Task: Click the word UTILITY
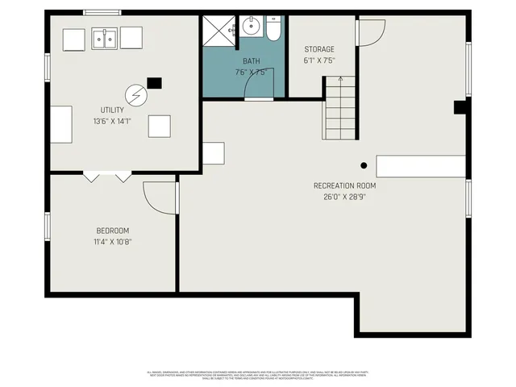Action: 112,109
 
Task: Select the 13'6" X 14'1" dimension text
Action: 112,122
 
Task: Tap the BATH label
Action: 251,61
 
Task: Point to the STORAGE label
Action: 319,48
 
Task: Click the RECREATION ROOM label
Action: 344,185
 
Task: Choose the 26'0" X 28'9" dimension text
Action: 344,198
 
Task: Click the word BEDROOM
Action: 112,231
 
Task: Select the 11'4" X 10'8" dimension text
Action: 112,242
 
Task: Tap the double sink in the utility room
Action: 106,38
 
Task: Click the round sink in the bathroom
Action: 250,26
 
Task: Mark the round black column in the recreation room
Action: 364,165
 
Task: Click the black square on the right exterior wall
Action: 460,107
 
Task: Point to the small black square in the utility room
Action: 154,82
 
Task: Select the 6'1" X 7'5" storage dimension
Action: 319,60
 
